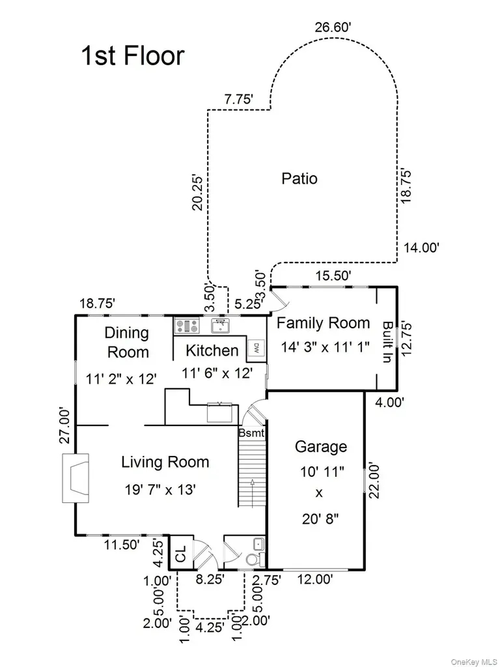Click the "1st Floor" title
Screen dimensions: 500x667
click(x=133, y=56)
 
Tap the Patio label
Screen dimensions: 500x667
click(x=299, y=178)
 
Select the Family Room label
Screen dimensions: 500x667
click(x=323, y=323)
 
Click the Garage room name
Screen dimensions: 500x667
click(x=320, y=447)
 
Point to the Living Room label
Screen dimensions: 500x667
click(x=165, y=462)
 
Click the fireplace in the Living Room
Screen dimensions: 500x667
click(x=76, y=477)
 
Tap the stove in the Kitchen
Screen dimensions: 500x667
click(x=187, y=326)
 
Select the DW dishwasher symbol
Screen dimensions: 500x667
click(x=257, y=348)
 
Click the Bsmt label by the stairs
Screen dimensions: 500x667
click(x=251, y=433)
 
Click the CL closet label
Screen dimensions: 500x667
click(x=181, y=554)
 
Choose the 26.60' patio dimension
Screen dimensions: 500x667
click(x=333, y=27)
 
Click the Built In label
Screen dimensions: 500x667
click(x=387, y=342)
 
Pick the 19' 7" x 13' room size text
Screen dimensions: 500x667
click(x=160, y=490)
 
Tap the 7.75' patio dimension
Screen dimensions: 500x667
click(x=239, y=100)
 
